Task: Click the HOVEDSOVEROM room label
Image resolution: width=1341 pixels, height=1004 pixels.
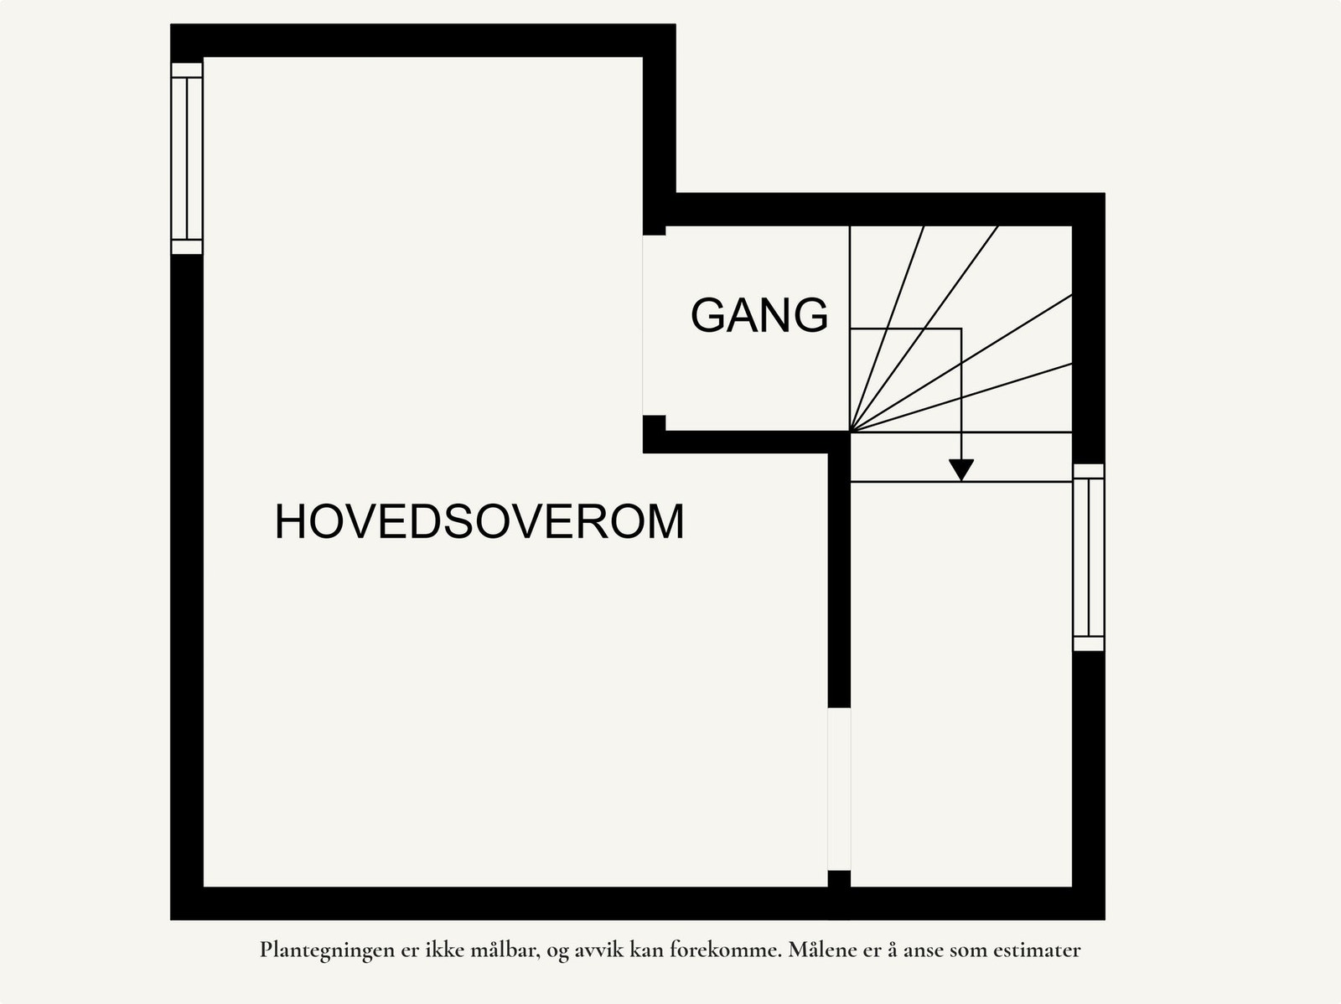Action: (x=479, y=521)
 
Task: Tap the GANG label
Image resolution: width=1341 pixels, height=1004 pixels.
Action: (x=759, y=316)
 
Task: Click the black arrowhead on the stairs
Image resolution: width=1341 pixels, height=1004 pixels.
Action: (x=961, y=469)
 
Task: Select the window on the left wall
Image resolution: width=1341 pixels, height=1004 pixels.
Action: (x=187, y=158)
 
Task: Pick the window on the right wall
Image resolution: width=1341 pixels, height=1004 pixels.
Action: (x=1089, y=556)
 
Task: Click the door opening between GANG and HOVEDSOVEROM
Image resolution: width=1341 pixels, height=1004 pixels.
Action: (x=654, y=325)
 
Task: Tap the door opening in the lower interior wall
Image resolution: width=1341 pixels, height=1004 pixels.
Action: (x=839, y=789)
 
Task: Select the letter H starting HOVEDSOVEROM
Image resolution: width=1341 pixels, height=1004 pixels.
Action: (x=289, y=521)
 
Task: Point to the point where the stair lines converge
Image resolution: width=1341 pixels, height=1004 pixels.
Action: (x=851, y=432)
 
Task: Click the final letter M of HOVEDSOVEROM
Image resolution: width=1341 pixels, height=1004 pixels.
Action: (x=667, y=521)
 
